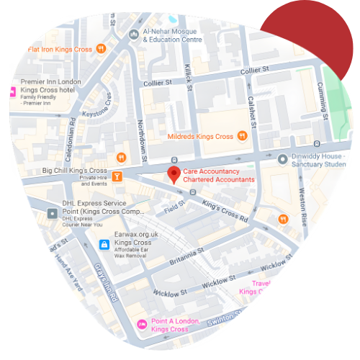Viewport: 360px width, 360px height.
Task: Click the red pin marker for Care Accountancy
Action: (174, 174)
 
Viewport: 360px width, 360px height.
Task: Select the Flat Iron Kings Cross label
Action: (60, 49)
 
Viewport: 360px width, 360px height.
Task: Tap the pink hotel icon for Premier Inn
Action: (12, 91)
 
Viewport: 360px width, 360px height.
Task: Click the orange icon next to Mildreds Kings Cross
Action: (243, 135)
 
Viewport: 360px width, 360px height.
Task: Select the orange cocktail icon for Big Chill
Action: (116, 176)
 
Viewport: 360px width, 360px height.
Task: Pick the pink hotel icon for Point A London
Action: (142, 325)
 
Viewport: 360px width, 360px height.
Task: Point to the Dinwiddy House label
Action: (325, 160)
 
